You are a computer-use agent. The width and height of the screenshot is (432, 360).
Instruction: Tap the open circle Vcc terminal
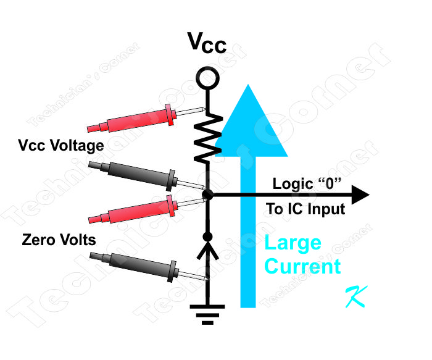pos(207,78)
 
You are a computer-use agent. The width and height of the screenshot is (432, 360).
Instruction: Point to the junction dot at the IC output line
pos(207,195)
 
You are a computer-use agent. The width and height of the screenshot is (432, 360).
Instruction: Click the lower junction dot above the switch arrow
pos(207,237)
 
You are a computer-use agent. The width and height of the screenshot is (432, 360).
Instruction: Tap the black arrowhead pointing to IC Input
pos(360,195)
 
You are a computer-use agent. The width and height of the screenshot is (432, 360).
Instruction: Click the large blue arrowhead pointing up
pos(248,123)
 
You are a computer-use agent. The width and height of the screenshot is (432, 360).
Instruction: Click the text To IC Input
pos(305,209)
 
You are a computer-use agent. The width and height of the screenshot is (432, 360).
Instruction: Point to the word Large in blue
pos(293,243)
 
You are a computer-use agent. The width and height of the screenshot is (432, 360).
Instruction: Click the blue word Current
pos(302,266)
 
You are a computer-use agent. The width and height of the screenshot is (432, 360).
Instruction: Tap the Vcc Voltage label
pos(61,146)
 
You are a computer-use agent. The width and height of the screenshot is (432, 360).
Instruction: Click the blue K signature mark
pos(357,297)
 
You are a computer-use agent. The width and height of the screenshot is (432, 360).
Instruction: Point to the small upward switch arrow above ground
pos(207,251)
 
